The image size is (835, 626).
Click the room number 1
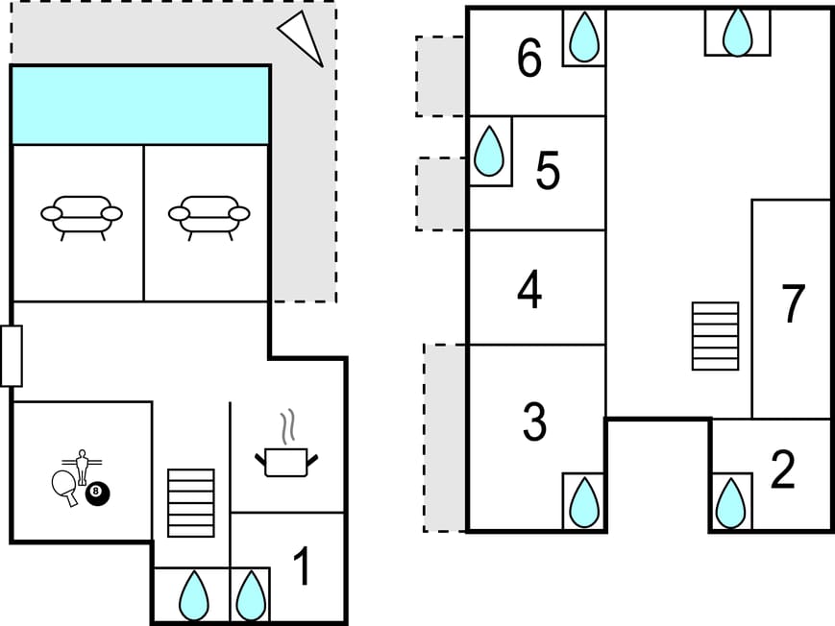[302, 567]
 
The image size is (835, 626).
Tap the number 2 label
[783, 470]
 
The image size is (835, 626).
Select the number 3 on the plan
[534, 421]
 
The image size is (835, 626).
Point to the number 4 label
[529, 290]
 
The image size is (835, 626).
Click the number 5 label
[548, 172]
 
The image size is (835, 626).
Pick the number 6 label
[529, 60]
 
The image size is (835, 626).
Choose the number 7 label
[792, 304]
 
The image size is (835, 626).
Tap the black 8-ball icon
[98, 494]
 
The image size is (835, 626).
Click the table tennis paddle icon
[63, 486]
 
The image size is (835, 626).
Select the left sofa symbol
[82, 216]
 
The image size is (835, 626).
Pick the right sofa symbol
[209, 216]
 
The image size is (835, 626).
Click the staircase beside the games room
[191, 502]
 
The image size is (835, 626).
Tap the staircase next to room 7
[716, 336]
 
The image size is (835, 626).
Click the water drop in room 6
[584, 38]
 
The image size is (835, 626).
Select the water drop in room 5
[490, 152]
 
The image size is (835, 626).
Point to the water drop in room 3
[584, 501]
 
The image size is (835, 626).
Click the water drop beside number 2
[731, 502]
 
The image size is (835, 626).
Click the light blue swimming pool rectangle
[140, 106]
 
